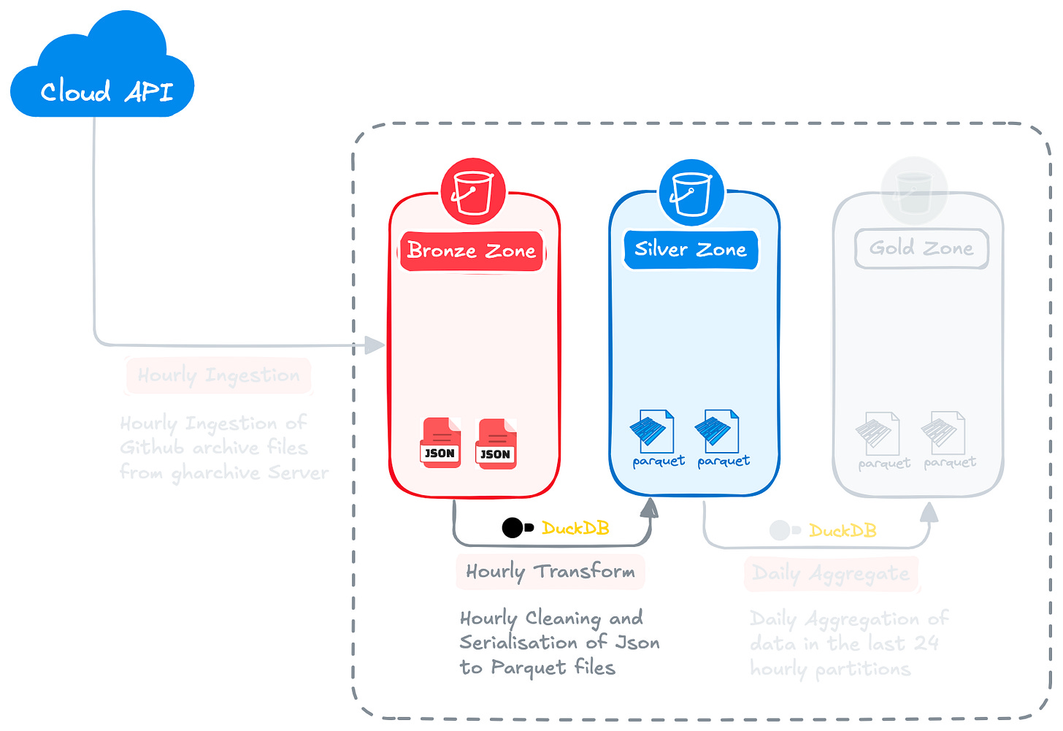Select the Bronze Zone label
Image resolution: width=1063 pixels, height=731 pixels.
click(x=472, y=250)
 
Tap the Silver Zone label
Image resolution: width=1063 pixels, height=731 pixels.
click(x=691, y=249)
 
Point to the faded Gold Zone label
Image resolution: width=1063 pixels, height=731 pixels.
click(x=921, y=248)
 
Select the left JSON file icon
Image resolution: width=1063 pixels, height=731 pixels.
click(x=440, y=443)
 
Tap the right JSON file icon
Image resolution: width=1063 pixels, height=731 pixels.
click(x=496, y=444)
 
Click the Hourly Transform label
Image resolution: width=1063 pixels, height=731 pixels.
click(x=550, y=571)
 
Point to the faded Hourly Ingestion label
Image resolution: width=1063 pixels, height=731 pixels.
click(x=218, y=375)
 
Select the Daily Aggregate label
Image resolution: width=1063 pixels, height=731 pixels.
click(x=831, y=574)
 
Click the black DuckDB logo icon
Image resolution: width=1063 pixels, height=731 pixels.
click(x=517, y=527)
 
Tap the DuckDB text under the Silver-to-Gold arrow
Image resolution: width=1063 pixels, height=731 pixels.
click(x=843, y=530)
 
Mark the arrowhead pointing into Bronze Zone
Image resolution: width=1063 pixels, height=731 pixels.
click(x=375, y=345)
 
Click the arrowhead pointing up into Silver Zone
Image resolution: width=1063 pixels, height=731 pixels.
click(x=650, y=508)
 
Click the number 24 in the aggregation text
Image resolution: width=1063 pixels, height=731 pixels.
click(x=926, y=643)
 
